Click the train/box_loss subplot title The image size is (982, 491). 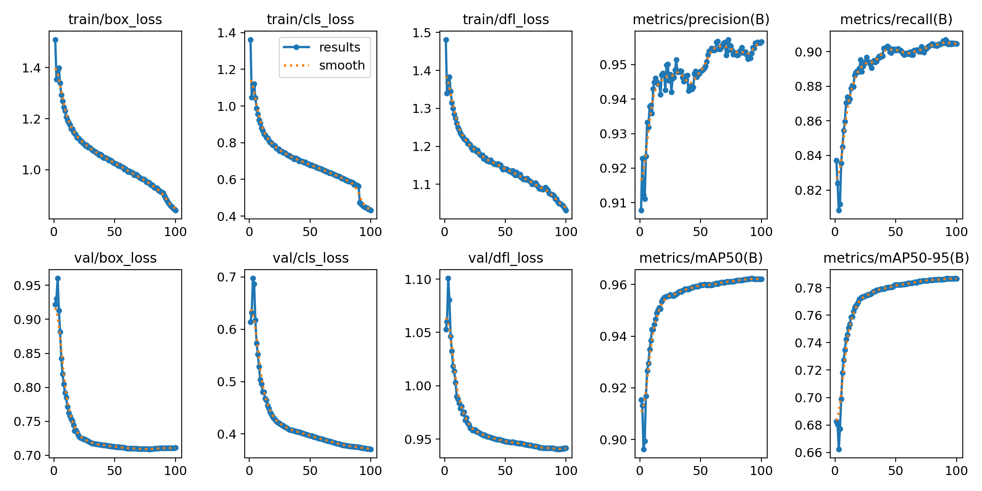pyautogui.click(x=115, y=19)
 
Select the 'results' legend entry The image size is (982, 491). pyautogui.click(x=339, y=47)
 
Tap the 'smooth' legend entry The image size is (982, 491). pyautogui.click(x=342, y=65)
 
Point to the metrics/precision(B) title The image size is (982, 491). pyautogui.click(x=701, y=19)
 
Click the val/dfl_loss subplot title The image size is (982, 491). pyautogui.click(x=506, y=258)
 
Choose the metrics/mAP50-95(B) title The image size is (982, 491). pyautogui.click(x=896, y=258)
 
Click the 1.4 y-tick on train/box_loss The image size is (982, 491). pyautogui.click(x=32, y=68)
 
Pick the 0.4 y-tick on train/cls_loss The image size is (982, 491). pyautogui.click(x=227, y=216)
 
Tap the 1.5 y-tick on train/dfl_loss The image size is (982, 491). pyautogui.click(x=422, y=33)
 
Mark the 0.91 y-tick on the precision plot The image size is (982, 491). pyautogui.click(x=613, y=203)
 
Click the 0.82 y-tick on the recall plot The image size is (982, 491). pyautogui.click(x=808, y=190)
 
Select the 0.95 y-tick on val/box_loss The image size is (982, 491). pyautogui.click(x=27, y=285)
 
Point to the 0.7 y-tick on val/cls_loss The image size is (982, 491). pyautogui.click(x=227, y=277)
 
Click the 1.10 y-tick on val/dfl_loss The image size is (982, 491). pyautogui.click(x=418, y=279)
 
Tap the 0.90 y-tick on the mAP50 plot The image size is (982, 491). pyautogui.click(x=613, y=440)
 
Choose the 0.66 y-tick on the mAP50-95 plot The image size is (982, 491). pyautogui.click(x=808, y=453)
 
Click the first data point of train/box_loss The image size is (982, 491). pyautogui.click(x=55, y=40)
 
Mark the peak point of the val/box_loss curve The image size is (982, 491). pyautogui.click(x=58, y=278)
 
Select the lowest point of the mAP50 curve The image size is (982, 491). pyautogui.click(x=644, y=449)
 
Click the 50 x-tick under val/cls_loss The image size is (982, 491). pyautogui.click(x=310, y=471)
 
